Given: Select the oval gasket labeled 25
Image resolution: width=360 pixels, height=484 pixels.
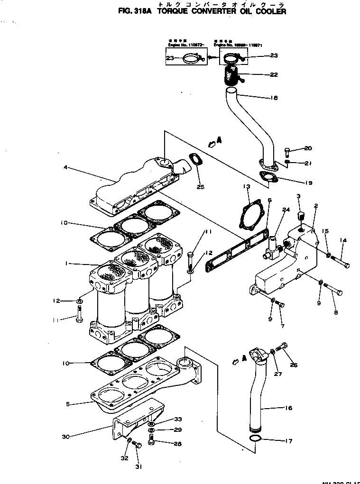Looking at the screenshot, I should pyautogui.click(x=194, y=161).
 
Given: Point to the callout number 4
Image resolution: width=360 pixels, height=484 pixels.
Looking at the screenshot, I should pyautogui.click(x=66, y=167).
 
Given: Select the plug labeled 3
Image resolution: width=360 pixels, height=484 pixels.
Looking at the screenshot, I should pyautogui.click(x=299, y=219).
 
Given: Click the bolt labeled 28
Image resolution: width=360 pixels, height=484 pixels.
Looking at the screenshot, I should pyautogui.click(x=151, y=442).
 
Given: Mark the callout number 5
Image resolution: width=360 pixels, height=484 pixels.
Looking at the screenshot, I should pyautogui.click(x=67, y=404).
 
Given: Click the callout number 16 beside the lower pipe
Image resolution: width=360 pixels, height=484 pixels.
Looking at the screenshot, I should pyautogui.click(x=288, y=408).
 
